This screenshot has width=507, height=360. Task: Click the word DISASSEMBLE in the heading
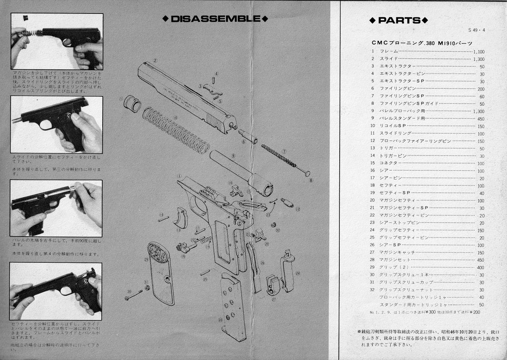[x=215, y=19]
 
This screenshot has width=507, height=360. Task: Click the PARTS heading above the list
[x=399, y=20]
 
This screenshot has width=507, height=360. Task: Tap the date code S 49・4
[x=477, y=30]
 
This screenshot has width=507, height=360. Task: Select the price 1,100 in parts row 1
[x=478, y=52]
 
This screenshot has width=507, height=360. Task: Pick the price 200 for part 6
[x=481, y=89]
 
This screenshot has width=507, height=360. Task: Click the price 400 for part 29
[x=481, y=268]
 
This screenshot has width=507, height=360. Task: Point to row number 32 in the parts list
[x=373, y=290]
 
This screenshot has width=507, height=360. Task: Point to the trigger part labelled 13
[x=182, y=218]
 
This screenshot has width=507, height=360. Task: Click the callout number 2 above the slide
[x=155, y=60]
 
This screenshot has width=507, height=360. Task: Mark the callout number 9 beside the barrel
[x=233, y=155]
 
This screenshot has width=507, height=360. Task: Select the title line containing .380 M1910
[x=421, y=43]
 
